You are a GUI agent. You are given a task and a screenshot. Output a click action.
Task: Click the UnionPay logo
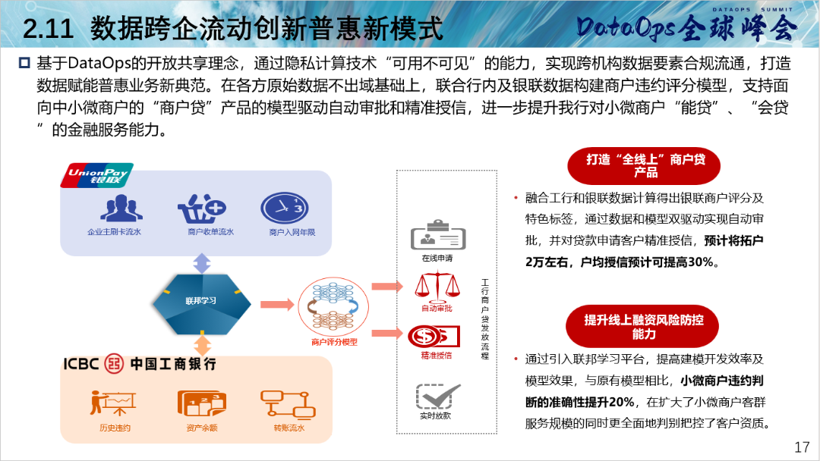96,175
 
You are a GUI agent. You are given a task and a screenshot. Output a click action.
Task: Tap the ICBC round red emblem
113,363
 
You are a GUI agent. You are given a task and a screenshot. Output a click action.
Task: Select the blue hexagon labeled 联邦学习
201,304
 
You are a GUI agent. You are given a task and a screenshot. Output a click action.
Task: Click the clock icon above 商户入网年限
285,208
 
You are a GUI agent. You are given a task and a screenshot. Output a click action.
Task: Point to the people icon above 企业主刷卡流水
121,208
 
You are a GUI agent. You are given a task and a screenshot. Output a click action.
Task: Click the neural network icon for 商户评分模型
333,307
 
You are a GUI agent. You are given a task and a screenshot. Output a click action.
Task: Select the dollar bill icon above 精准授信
434,337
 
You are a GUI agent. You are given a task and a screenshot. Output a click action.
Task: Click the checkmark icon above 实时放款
438,397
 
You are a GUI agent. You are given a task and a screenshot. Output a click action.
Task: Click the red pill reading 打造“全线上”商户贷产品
644,166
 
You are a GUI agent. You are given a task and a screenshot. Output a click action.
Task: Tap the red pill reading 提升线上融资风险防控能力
642,326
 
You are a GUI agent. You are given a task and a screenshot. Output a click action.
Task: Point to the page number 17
802,447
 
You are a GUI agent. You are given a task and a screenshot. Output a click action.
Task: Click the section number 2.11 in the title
48,29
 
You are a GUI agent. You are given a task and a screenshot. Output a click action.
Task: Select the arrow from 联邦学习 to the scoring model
277,304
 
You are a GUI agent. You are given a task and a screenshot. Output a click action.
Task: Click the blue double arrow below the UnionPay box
202,264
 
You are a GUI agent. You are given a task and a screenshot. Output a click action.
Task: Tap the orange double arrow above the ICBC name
203,345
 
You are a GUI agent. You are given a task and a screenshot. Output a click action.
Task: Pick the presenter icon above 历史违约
113,403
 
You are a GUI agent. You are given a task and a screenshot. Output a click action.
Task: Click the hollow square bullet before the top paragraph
24,63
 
